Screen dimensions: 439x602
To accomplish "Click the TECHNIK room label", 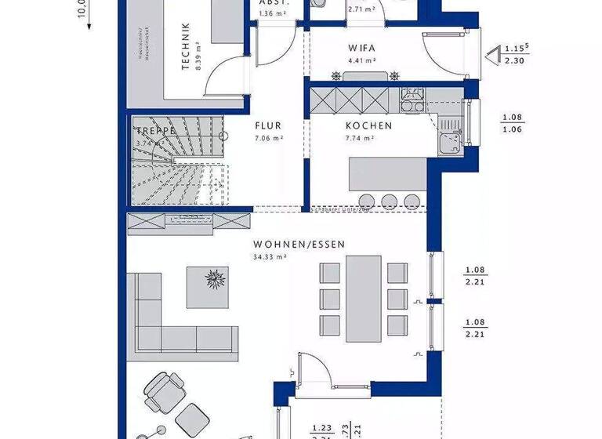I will (x=186, y=48).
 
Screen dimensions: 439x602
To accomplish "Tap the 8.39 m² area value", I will (x=200, y=48).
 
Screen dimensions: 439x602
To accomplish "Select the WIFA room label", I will (x=361, y=47).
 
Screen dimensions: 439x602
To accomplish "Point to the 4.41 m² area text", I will (x=361, y=60).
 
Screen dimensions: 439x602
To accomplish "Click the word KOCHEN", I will (x=369, y=125).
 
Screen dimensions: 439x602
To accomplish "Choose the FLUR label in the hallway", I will (x=267, y=125).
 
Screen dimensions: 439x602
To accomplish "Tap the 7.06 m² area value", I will (x=267, y=138).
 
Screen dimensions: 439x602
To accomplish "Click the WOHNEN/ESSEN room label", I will (x=299, y=245).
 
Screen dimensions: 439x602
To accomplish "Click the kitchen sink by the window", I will (x=450, y=142).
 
